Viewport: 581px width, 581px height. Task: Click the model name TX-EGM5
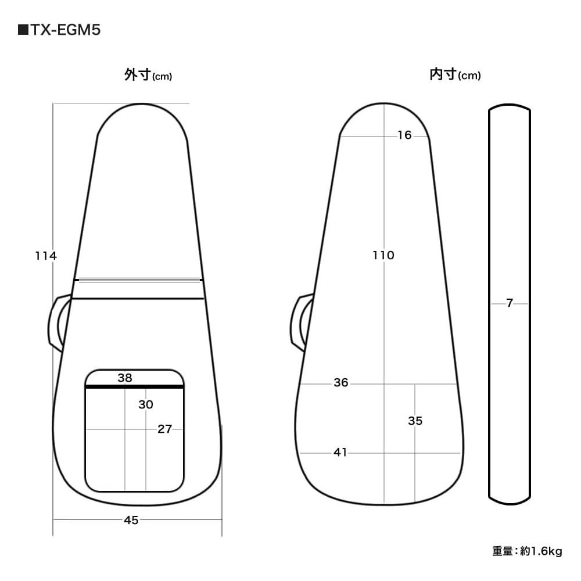(x=66, y=30)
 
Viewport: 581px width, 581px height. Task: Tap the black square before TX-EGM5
(x=23, y=30)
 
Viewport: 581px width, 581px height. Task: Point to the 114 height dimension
(x=46, y=256)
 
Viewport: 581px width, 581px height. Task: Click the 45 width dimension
(x=131, y=520)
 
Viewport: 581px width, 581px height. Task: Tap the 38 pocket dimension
(x=125, y=378)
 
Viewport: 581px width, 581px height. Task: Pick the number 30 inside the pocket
(x=146, y=404)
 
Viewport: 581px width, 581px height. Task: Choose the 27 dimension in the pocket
(x=164, y=429)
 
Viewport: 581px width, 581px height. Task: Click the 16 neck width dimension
(x=404, y=135)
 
